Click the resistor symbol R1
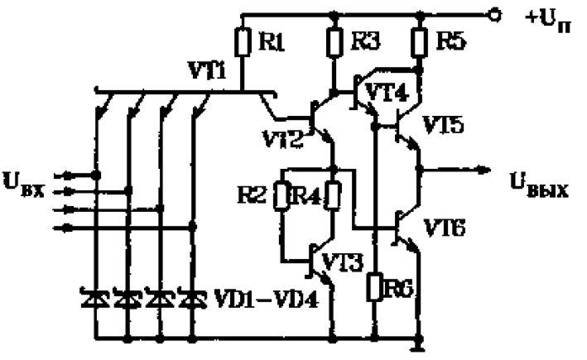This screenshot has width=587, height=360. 243,41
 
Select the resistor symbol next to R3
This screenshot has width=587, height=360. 334,42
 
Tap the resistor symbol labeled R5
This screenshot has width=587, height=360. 420,42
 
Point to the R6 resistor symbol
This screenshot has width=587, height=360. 375,287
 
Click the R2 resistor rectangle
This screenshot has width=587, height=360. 282,195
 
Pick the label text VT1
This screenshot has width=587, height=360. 207,70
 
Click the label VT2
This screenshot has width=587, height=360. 282,139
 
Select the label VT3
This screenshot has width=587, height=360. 342,262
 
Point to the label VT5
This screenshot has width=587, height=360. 443,125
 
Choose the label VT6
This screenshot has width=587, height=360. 445,228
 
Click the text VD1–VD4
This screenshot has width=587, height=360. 266,299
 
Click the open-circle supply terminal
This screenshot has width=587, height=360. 494,15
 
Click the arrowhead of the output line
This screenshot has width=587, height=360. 484,170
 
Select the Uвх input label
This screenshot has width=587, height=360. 23,185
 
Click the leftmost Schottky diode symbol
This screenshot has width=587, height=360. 96,296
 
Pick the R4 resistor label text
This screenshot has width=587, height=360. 308,195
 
